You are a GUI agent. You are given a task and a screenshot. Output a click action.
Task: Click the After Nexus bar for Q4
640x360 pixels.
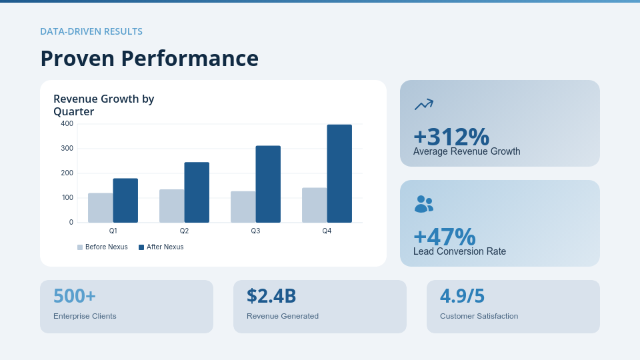pos(339,173)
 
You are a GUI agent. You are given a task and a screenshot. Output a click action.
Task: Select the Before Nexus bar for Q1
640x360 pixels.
pos(100,208)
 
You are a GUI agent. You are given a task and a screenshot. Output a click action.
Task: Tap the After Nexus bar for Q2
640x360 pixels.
pos(197,193)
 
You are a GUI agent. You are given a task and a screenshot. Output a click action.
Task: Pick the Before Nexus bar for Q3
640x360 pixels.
pos(243,207)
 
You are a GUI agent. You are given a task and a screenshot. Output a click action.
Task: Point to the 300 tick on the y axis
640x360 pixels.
pos(67,148)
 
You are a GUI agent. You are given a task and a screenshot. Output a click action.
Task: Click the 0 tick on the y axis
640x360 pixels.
pos(71,223)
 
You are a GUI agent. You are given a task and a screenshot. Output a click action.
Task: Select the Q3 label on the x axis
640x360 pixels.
pos(255,231)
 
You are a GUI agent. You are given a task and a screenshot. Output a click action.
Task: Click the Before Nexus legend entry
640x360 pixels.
pos(103,247)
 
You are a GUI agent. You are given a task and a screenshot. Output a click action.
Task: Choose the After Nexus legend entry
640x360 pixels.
pos(161,247)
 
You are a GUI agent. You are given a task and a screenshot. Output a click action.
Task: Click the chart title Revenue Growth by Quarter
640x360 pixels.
pos(103,105)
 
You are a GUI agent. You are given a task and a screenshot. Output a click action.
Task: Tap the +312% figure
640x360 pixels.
pos(451,137)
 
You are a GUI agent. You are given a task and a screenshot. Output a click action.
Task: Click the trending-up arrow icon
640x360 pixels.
pos(423,104)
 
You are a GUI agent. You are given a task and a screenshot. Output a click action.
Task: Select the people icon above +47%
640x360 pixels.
pos(423,204)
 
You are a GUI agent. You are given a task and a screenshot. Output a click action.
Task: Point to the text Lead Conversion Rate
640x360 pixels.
pos(459,251)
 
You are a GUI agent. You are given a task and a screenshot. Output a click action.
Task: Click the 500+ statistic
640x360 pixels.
pos(74,295)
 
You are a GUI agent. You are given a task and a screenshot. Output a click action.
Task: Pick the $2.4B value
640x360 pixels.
pos(271,295)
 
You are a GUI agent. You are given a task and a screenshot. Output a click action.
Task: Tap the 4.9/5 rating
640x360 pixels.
pos(462,295)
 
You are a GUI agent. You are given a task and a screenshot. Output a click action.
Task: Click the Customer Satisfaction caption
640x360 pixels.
pos(479,316)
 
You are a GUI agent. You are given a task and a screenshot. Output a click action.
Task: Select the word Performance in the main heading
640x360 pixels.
pos(189,59)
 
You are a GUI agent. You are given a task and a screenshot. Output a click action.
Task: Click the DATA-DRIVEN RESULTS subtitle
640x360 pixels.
pos(91,31)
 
